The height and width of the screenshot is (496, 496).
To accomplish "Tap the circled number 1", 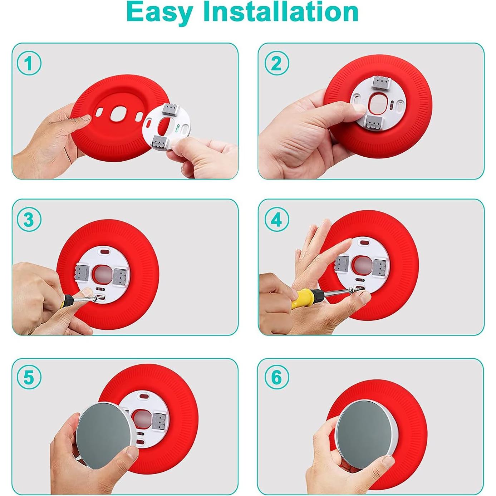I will (29, 63).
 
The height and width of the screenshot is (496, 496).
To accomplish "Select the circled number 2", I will (276, 63).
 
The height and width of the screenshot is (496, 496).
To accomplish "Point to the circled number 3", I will (29, 220).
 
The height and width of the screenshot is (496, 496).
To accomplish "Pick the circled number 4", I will (276, 220).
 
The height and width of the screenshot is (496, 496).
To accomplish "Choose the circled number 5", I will (29, 377).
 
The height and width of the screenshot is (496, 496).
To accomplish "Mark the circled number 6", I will (276, 377).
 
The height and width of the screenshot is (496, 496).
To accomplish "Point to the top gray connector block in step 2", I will (380, 83).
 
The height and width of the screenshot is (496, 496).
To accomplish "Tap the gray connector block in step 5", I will (158, 421).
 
